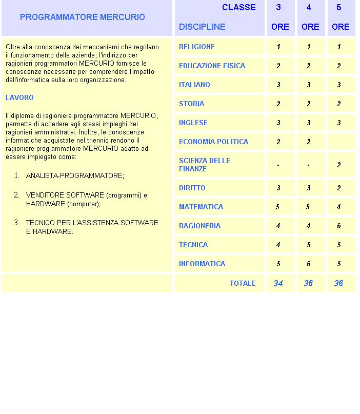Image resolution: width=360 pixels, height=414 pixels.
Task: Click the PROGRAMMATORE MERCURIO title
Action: pos(82,17)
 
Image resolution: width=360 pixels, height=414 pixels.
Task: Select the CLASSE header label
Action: pos(238,7)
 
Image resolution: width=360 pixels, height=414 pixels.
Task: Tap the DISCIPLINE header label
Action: pos(202,27)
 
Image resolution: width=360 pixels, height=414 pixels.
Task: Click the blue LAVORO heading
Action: pos(19,97)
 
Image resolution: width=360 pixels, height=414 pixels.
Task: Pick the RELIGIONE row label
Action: pos(197,47)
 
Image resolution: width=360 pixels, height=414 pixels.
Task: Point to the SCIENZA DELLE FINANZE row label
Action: pos(204,165)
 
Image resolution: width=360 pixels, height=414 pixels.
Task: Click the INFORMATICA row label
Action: pos(202,264)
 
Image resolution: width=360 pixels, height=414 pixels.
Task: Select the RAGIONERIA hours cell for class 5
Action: pos(339,226)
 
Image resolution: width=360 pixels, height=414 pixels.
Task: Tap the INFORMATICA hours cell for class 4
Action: pos(309,264)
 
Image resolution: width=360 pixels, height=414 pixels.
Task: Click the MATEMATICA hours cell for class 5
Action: pos(339,207)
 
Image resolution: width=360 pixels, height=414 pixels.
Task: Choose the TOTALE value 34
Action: pos(278,283)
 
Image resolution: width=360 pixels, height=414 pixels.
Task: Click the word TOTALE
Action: pos(243,283)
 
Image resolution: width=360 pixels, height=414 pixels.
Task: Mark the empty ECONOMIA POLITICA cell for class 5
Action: pos(341,142)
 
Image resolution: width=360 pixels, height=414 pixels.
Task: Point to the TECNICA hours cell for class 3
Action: pos(278,245)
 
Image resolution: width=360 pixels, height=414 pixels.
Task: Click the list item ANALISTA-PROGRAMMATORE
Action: pos(75,175)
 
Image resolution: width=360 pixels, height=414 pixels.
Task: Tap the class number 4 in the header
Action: pos(309,7)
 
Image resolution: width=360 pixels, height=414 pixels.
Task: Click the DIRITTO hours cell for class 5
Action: pos(339,188)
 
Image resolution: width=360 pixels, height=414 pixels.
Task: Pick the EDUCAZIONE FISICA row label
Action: pos(212,66)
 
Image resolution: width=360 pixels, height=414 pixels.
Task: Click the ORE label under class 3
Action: pos(280,27)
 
